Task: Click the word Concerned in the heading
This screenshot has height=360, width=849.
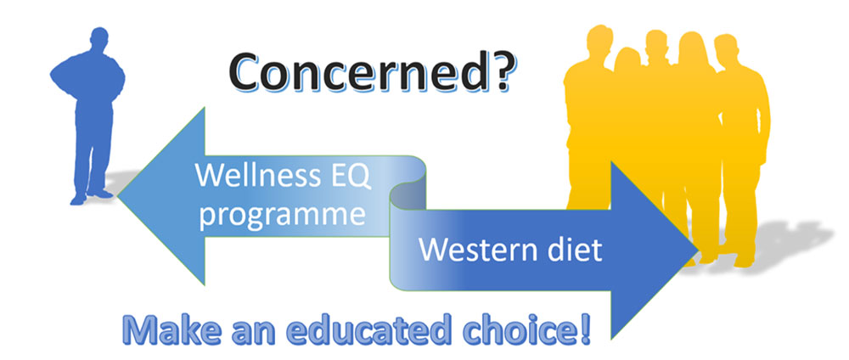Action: pos(355,72)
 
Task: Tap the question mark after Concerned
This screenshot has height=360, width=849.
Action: pos(497,71)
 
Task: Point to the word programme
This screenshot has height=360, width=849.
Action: pos(282,216)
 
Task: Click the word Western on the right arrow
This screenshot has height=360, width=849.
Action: pos(476,250)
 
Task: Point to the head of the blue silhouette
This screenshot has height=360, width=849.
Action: pos(99,40)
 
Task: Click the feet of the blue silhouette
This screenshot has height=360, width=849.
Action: pos(91,196)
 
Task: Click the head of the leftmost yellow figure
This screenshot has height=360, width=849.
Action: pos(599,40)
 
